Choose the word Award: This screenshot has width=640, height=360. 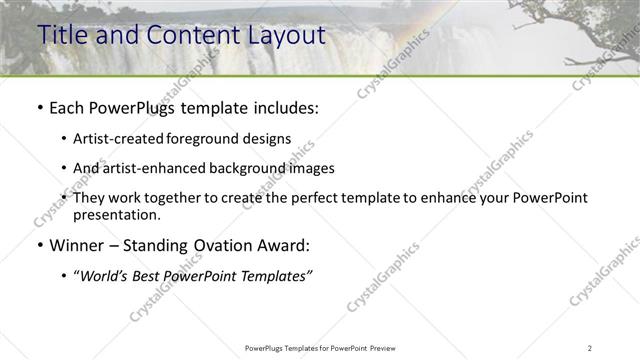click(x=283, y=245)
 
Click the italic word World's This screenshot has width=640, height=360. click(x=105, y=275)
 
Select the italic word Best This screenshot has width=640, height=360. click(x=152, y=275)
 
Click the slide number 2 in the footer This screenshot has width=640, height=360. click(x=590, y=347)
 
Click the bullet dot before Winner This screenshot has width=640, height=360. click(x=39, y=245)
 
